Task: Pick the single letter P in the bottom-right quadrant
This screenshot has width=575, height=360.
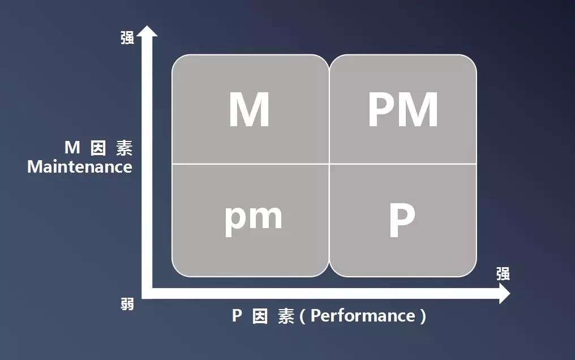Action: tap(402, 221)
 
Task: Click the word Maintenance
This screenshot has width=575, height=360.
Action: tap(80, 167)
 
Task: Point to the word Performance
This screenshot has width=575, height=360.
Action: tap(363, 315)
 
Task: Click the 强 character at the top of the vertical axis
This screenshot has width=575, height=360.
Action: tap(127, 38)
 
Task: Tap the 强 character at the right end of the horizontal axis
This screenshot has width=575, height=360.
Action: tap(503, 274)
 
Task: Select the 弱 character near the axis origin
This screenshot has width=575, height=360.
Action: tap(127, 304)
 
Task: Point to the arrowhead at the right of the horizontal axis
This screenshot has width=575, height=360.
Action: tap(504, 294)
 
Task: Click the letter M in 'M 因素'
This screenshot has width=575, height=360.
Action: tap(72, 148)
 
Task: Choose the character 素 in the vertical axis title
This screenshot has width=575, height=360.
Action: tap(124, 148)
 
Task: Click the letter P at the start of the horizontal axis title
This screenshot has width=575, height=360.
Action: tap(237, 315)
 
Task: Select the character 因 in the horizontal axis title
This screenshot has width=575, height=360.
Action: tap(260, 316)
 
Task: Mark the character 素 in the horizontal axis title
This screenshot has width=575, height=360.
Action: tap(286, 316)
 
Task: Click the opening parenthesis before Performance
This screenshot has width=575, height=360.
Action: tap(302, 316)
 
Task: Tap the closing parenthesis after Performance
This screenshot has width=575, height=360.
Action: tap(423, 316)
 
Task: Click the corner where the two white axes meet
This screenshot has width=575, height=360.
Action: tap(147, 293)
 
